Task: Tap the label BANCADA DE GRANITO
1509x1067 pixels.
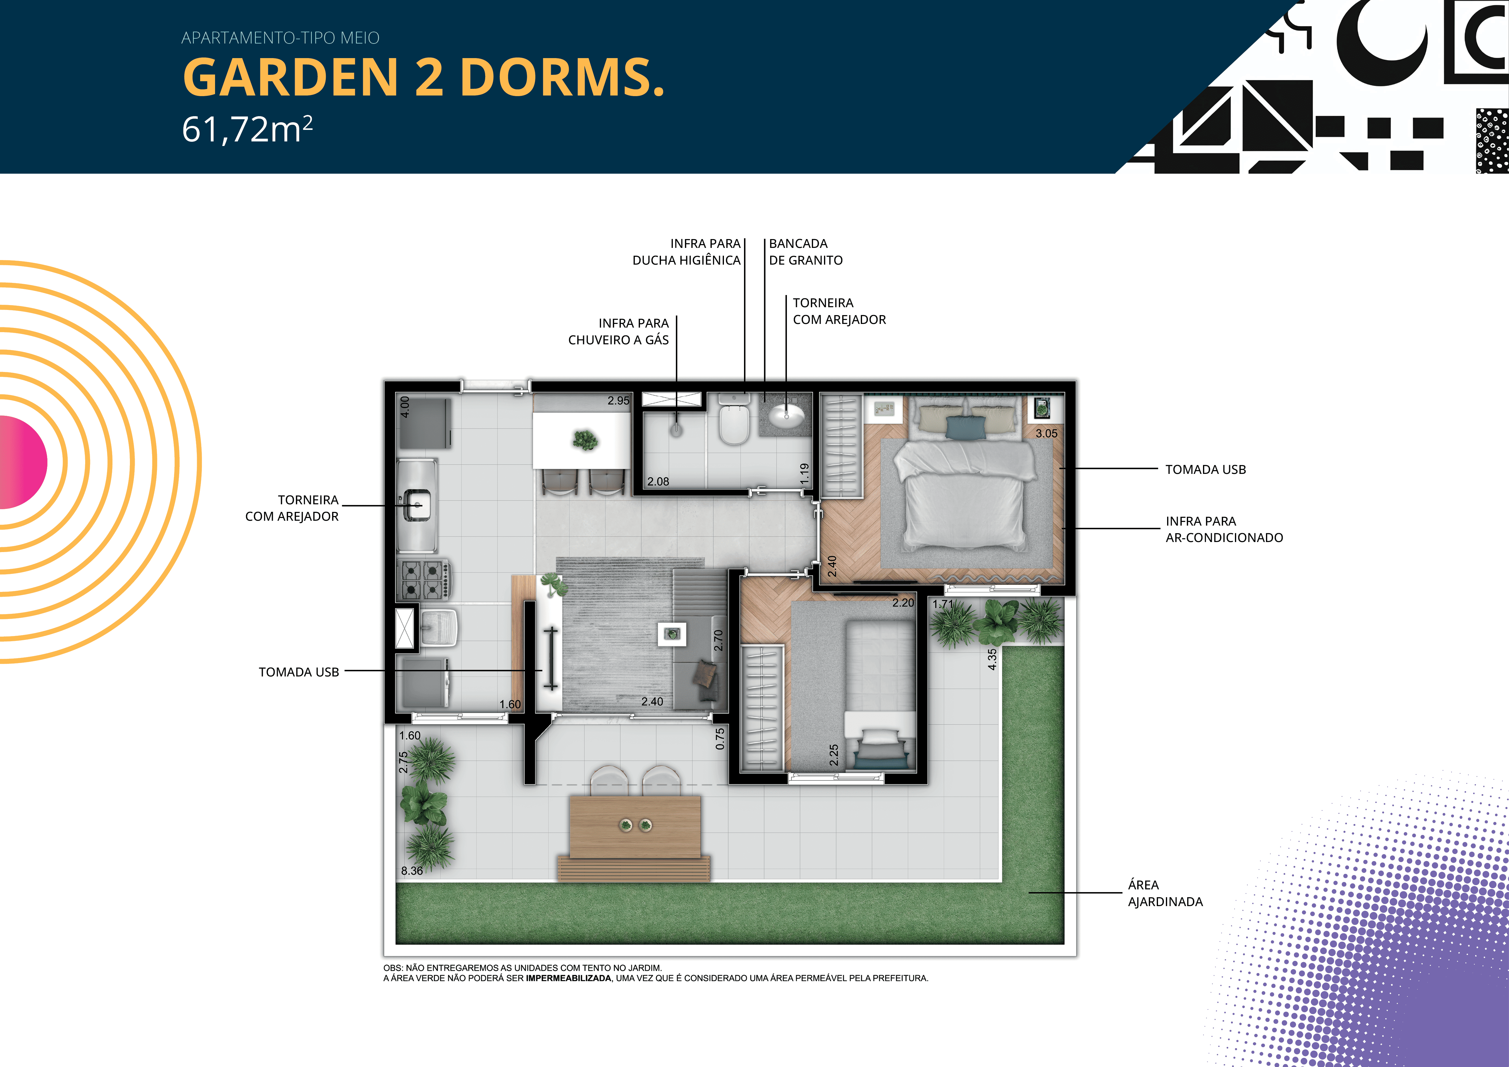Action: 806,252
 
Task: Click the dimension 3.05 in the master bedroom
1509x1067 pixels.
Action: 1046,434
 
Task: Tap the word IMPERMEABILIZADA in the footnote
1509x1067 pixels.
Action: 568,978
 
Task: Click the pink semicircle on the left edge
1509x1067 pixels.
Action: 23,462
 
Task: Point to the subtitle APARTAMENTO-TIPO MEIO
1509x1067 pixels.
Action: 281,38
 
